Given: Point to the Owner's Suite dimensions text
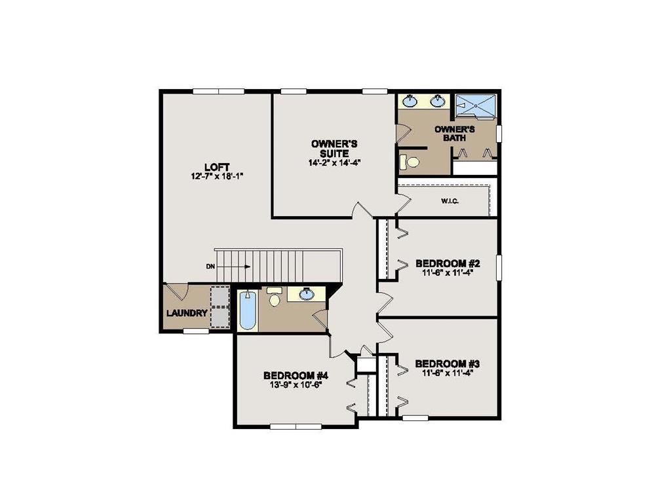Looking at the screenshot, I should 335,163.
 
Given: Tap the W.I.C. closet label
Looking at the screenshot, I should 450,201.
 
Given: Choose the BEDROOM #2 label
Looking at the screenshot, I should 448,263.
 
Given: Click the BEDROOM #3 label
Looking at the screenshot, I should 448,363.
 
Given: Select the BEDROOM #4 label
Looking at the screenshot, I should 296,375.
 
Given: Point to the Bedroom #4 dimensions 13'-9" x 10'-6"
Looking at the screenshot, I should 296,384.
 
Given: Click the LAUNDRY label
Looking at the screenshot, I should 187,313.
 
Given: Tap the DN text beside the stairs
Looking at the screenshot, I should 210,267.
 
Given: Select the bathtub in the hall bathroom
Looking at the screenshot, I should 246,310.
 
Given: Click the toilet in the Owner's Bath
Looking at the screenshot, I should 411,161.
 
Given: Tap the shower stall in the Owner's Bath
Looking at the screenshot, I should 476,105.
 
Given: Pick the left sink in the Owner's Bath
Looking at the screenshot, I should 411,101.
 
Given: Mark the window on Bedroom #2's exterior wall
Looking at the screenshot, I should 499,267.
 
